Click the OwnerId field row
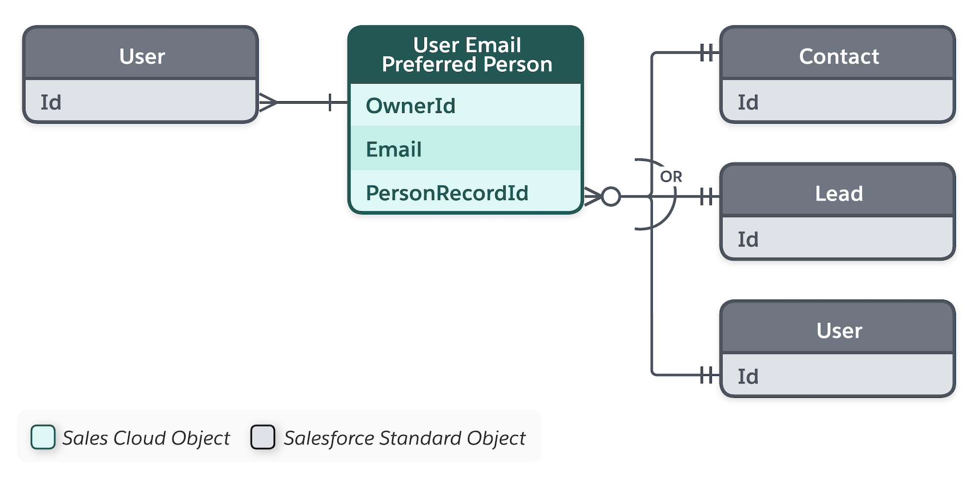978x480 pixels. click(x=465, y=106)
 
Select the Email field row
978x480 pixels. click(x=465, y=149)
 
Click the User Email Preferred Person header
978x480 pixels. click(x=466, y=55)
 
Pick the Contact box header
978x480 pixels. click(x=838, y=56)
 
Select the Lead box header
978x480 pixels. click(x=838, y=193)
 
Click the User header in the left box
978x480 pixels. click(x=141, y=56)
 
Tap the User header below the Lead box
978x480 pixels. click(x=838, y=330)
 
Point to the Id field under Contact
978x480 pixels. click(x=838, y=102)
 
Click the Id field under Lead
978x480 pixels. click(x=838, y=239)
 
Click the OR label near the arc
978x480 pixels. click(x=670, y=176)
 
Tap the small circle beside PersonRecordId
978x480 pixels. click(x=611, y=196)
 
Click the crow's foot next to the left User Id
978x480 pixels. click(x=267, y=102)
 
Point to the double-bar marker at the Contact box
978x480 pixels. click(x=707, y=52)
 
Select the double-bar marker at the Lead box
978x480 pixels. click(x=707, y=196)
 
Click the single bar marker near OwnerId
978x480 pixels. click(x=330, y=102)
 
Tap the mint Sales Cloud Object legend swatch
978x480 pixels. click(x=43, y=437)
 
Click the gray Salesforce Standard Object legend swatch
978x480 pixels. click(x=263, y=437)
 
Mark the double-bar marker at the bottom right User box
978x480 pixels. click(x=707, y=375)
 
